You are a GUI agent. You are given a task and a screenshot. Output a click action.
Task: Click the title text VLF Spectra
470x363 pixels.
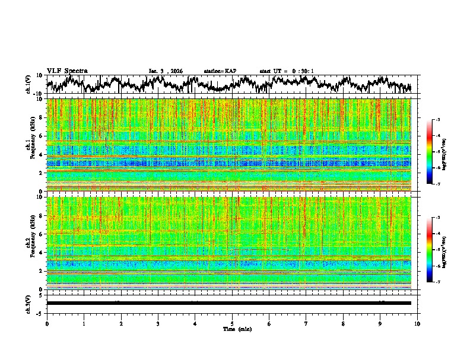coord(67,71)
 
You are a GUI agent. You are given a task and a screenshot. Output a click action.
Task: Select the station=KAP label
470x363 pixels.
coord(220,71)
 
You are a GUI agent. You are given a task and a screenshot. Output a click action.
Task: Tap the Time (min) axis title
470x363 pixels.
coord(237,329)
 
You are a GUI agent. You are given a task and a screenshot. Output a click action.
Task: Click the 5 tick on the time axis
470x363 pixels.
coord(232,323)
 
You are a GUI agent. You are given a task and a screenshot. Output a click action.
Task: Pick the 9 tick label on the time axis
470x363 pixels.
coord(380,323)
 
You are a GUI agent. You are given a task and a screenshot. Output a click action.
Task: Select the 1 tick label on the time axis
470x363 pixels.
coord(84,323)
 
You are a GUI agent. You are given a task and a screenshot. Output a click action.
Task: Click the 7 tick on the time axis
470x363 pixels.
coord(306,323)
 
